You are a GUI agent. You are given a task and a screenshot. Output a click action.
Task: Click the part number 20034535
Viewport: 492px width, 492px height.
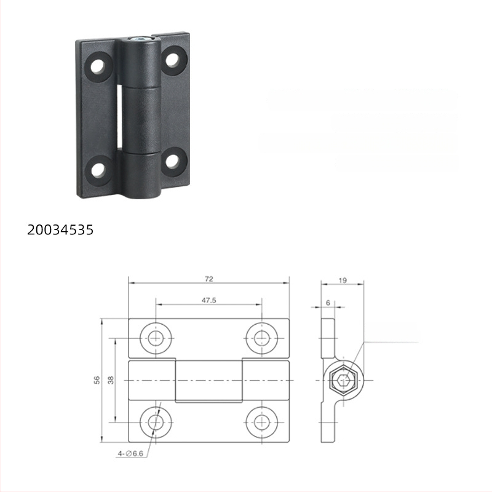[x=60, y=230]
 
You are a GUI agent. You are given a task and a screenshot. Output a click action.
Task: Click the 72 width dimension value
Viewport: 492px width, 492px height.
[x=208, y=279]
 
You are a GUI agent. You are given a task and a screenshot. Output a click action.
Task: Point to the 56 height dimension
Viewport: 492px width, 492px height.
[x=97, y=380]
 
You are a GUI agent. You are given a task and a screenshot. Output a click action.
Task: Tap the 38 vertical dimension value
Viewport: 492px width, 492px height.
[x=111, y=380]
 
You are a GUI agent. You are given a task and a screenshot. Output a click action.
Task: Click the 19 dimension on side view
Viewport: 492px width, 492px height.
[x=343, y=280]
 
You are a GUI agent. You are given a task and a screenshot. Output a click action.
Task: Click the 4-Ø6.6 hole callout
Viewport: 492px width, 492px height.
[x=130, y=454]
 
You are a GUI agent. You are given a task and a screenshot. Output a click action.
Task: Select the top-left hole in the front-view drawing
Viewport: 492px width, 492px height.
[x=156, y=337]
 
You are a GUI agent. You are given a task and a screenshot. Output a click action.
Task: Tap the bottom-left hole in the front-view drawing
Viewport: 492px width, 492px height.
[x=156, y=422]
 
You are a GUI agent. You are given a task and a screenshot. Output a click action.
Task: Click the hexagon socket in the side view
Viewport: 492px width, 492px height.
[x=343, y=380]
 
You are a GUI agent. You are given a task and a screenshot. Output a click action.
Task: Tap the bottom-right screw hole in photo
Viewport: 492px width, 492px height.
[x=173, y=161]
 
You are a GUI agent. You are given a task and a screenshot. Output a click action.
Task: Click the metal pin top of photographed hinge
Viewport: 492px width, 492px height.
[x=141, y=41]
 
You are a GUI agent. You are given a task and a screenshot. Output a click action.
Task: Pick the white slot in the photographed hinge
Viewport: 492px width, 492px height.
[x=119, y=116]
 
